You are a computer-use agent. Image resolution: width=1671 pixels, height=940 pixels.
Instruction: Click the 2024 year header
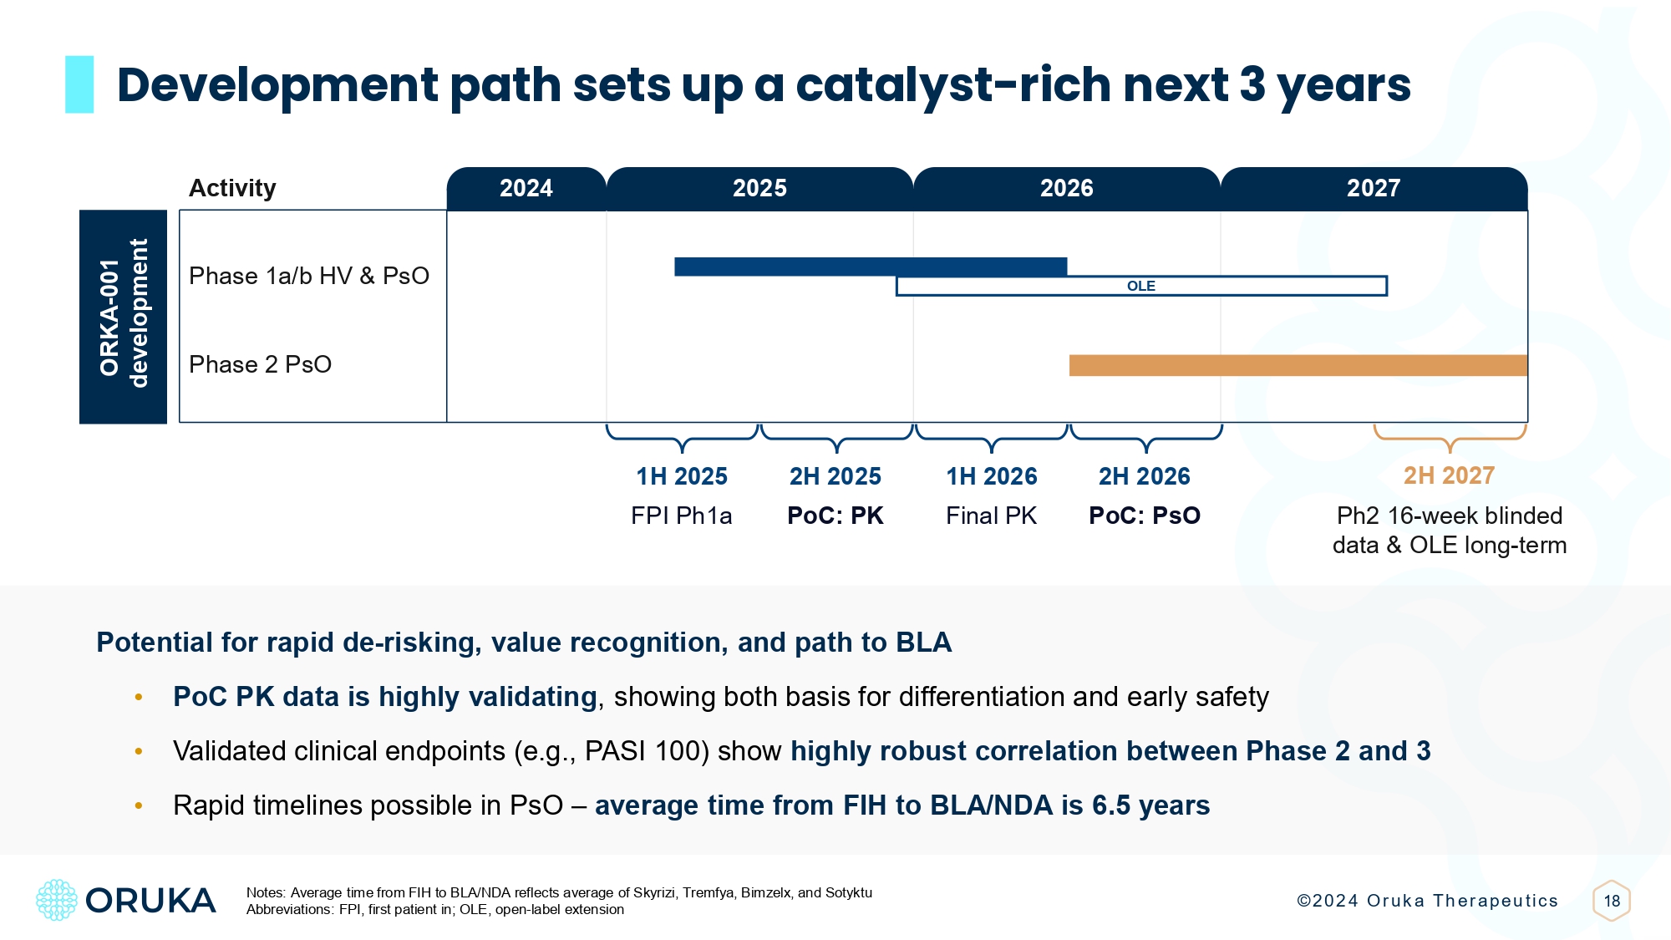[x=526, y=188]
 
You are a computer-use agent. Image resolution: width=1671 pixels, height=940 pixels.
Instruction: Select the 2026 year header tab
[x=1066, y=188]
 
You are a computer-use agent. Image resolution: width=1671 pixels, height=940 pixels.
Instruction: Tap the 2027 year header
[x=1373, y=188]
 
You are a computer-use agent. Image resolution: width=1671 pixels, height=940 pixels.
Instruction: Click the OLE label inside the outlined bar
[x=1140, y=286]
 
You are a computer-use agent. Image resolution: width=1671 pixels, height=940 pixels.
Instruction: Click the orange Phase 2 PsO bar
[x=1298, y=365]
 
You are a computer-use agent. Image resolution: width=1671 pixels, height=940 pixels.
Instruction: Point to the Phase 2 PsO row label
[x=260, y=364]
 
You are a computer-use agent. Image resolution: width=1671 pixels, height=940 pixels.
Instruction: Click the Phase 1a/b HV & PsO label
[x=308, y=276]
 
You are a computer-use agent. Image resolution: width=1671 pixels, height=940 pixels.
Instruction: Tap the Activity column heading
[x=232, y=188]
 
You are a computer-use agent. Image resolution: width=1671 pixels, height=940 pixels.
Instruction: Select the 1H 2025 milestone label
[x=682, y=476]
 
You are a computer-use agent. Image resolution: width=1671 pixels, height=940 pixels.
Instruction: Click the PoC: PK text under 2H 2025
[x=835, y=516]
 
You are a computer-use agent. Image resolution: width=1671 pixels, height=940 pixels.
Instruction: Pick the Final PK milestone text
[x=991, y=516]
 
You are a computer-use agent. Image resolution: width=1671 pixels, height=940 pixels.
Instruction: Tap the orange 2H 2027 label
[x=1449, y=475]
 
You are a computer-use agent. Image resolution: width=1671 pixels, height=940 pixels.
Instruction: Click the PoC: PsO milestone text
[x=1145, y=516]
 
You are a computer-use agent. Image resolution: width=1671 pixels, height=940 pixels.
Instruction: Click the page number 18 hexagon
[x=1612, y=901]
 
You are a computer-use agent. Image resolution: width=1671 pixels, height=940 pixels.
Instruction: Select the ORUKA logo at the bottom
[x=126, y=900]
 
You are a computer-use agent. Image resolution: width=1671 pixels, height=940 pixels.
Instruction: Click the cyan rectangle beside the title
[x=79, y=84]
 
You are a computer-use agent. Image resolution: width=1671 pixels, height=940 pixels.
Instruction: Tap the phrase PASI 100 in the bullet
[x=647, y=751]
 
